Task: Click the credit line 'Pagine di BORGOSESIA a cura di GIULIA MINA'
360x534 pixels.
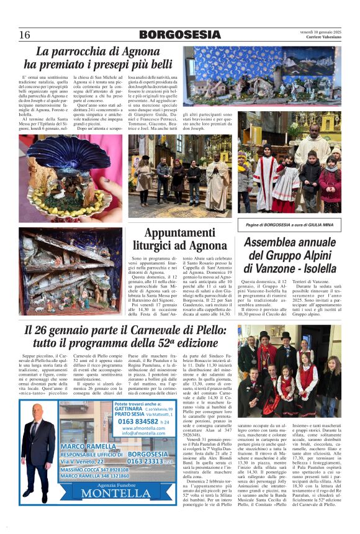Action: [x=289, y=224]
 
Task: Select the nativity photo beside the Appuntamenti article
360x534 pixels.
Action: [x=70, y=271]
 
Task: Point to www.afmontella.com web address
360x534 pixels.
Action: [x=143, y=428]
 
